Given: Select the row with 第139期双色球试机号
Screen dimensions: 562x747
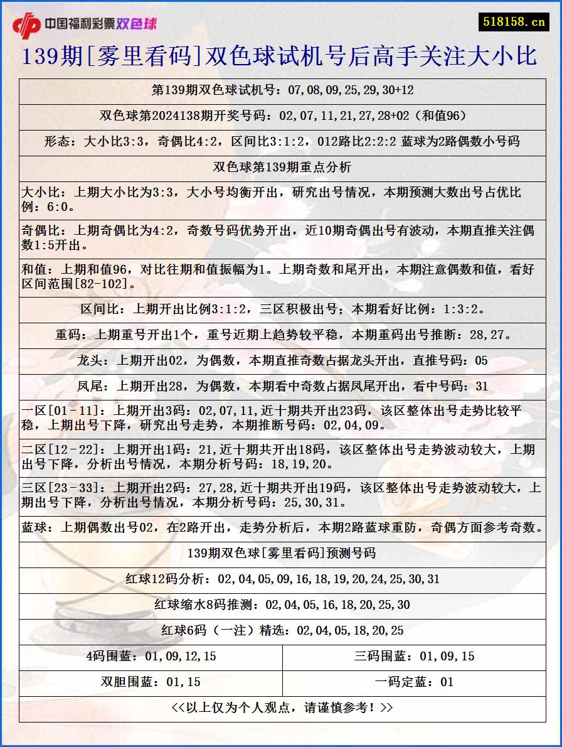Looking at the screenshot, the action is coord(282,90).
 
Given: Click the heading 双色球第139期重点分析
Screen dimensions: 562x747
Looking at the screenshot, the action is coord(282,167).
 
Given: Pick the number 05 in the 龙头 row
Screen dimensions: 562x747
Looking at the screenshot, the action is coord(480,361).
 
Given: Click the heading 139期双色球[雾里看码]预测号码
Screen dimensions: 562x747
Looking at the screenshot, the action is coord(282,553).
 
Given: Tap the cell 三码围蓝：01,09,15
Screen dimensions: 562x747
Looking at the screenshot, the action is coord(414,657).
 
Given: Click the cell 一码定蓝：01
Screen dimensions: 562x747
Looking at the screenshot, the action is coord(414,682).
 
